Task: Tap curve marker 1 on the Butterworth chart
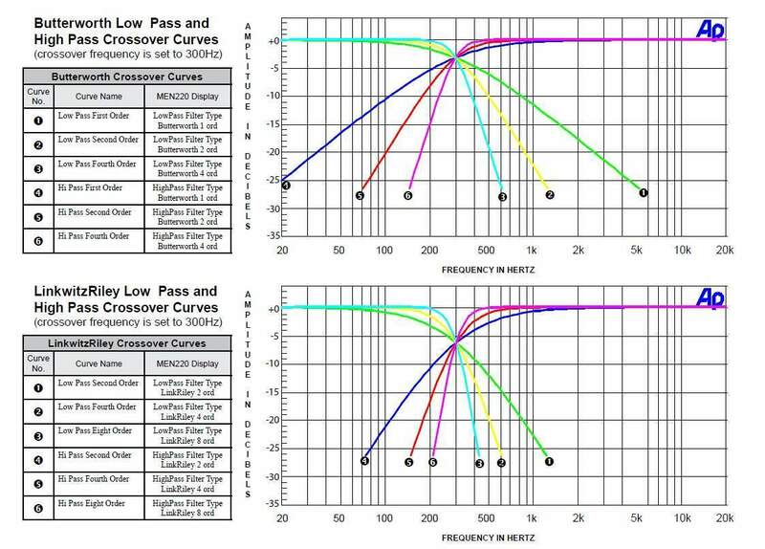643,192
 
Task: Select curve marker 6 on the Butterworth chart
407,195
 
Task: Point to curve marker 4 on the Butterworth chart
285,185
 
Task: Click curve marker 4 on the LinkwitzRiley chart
364,461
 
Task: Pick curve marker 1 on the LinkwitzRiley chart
549,461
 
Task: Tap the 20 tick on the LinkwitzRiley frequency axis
282,516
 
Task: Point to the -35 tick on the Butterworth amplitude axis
272,233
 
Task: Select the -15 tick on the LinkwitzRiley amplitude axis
272,392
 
